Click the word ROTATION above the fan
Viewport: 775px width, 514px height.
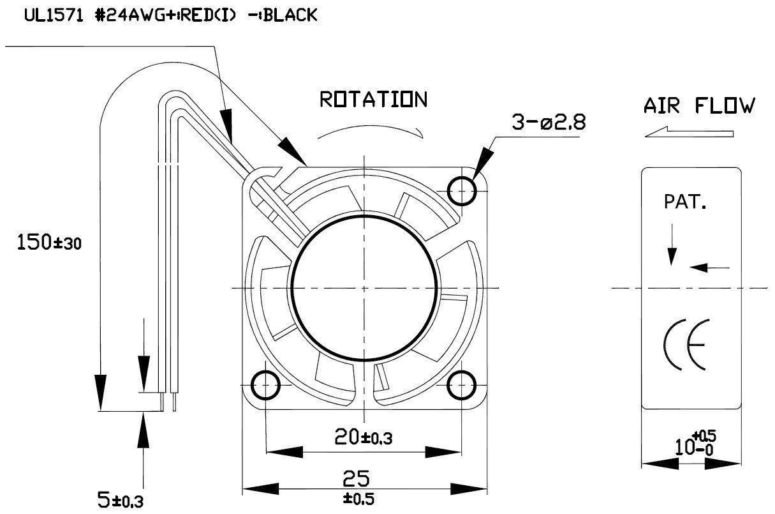[373, 100]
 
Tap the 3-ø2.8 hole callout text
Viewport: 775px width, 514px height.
[548, 123]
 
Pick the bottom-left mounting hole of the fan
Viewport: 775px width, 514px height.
[265, 385]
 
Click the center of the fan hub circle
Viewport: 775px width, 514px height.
[364, 287]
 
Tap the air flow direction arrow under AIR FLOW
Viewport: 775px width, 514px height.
[690, 133]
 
